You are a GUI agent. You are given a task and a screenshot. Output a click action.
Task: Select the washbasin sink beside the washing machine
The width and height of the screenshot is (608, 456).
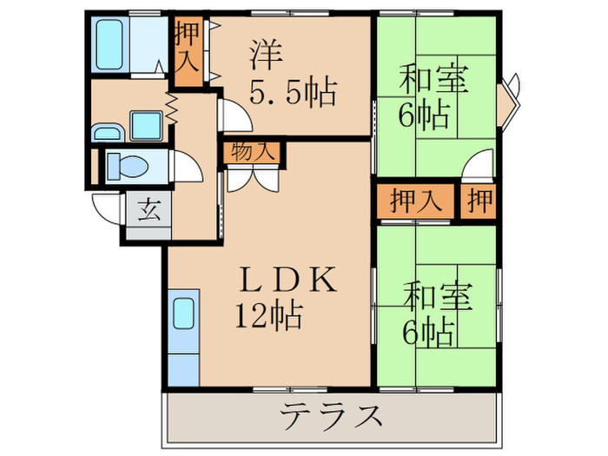click(108, 132)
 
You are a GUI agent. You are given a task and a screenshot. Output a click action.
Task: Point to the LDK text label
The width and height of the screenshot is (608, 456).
click(287, 280)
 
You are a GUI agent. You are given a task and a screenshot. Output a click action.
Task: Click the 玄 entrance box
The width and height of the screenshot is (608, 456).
click(149, 210)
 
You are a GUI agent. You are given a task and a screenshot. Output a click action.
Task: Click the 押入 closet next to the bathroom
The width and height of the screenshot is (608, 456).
click(187, 51)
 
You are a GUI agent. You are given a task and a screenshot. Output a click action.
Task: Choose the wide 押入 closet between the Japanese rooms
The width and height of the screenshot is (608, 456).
click(415, 201)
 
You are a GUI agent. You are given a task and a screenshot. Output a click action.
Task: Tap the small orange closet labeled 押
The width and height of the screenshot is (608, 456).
click(479, 201)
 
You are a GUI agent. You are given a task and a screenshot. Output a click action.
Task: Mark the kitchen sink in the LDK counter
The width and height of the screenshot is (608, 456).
click(184, 314)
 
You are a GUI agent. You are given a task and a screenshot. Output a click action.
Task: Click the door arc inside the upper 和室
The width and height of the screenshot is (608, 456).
click(479, 165)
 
